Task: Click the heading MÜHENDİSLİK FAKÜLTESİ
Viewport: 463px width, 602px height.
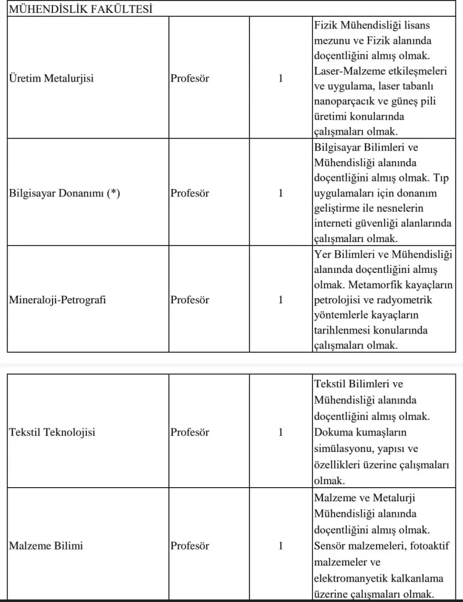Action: pyautogui.click(x=81, y=9)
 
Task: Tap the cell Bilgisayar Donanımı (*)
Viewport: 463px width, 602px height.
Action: pyautogui.click(x=65, y=193)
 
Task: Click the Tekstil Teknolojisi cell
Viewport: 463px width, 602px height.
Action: pyautogui.click(x=52, y=432)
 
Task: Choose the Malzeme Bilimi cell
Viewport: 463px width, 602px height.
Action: pyautogui.click(x=46, y=546)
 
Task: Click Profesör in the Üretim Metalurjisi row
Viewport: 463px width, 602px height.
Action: pyautogui.click(x=190, y=78)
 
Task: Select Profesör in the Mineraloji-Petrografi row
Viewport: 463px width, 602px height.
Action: pyautogui.click(x=190, y=300)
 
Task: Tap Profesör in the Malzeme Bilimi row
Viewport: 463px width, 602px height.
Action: pyautogui.click(x=190, y=546)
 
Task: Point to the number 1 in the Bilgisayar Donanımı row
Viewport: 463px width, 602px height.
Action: pyautogui.click(x=281, y=193)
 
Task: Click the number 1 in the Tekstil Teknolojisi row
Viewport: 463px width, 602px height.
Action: pyautogui.click(x=281, y=432)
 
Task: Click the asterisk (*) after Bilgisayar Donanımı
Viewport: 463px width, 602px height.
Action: pyautogui.click(x=114, y=193)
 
